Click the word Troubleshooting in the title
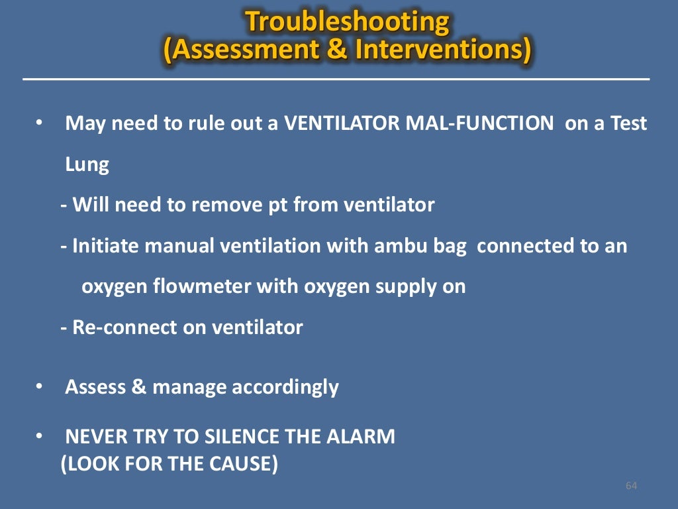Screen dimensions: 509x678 [x=347, y=22]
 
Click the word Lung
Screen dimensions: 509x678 [x=87, y=165]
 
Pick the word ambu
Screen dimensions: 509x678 [x=399, y=247]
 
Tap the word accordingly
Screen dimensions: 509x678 [x=285, y=388]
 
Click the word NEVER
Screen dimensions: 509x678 [x=93, y=437]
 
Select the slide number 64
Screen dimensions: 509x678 [x=631, y=486]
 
